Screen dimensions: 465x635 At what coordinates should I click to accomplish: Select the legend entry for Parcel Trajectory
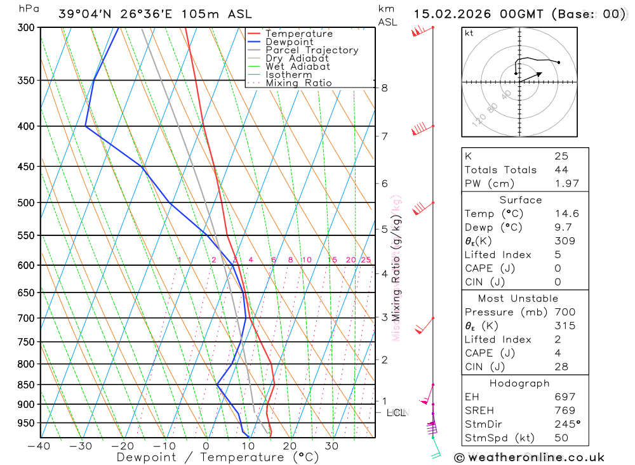(x=312, y=50)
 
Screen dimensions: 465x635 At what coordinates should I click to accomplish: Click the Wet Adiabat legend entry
(x=297, y=67)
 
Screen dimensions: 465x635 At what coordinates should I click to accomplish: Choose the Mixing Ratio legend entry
(x=298, y=83)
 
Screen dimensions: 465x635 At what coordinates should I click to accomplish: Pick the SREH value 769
(x=565, y=410)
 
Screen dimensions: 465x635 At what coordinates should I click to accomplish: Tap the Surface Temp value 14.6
(x=566, y=214)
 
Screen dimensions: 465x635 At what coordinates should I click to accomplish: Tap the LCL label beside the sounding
(x=396, y=413)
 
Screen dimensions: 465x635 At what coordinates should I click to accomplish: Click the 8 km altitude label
(x=385, y=88)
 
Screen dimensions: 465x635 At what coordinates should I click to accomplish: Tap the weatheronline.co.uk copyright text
(x=530, y=457)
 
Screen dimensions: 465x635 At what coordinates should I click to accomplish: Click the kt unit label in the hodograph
(x=469, y=33)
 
